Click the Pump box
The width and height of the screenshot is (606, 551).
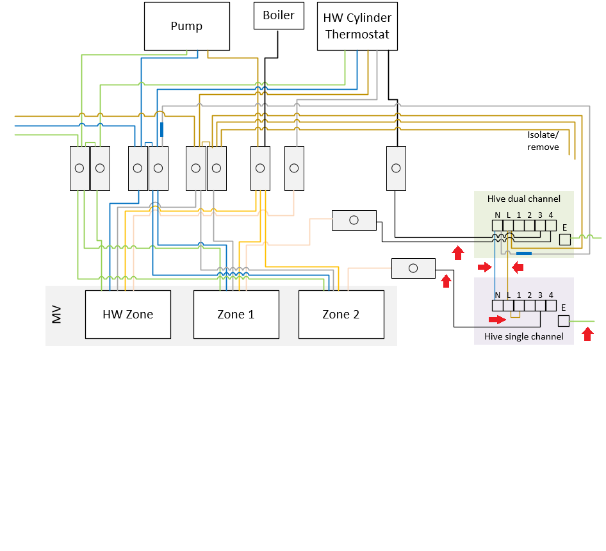(x=186, y=26)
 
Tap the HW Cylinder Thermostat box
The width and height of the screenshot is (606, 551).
(x=357, y=26)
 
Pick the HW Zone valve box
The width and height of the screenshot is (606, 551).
(x=128, y=314)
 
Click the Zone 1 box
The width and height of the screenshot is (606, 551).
(x=236, y=314)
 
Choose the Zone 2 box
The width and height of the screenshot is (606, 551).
(x=341, y=314)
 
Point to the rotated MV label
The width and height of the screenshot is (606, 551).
(x=57, y=315)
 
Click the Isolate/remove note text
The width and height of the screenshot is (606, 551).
(x=543, y=141)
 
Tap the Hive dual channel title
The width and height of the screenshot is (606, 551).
(x=523, y=199)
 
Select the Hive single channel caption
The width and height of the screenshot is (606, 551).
(x=523, y=336)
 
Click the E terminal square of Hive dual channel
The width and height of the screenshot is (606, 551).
(x=564, y=240)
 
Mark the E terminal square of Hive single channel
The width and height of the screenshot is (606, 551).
(x=564, y=321)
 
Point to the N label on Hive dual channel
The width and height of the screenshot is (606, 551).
(x=497, y=215)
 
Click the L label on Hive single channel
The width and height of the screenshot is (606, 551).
(x=508, y=295)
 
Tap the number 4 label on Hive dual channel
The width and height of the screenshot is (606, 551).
(x=550, y=215)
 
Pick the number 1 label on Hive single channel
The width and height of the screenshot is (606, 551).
(x=518, y=295)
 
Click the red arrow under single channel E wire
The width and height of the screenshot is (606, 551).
(x=587, y=334)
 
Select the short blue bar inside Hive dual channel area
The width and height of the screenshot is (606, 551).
(x=523, y=254)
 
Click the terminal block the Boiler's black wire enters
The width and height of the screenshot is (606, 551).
(x=260, y=169)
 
